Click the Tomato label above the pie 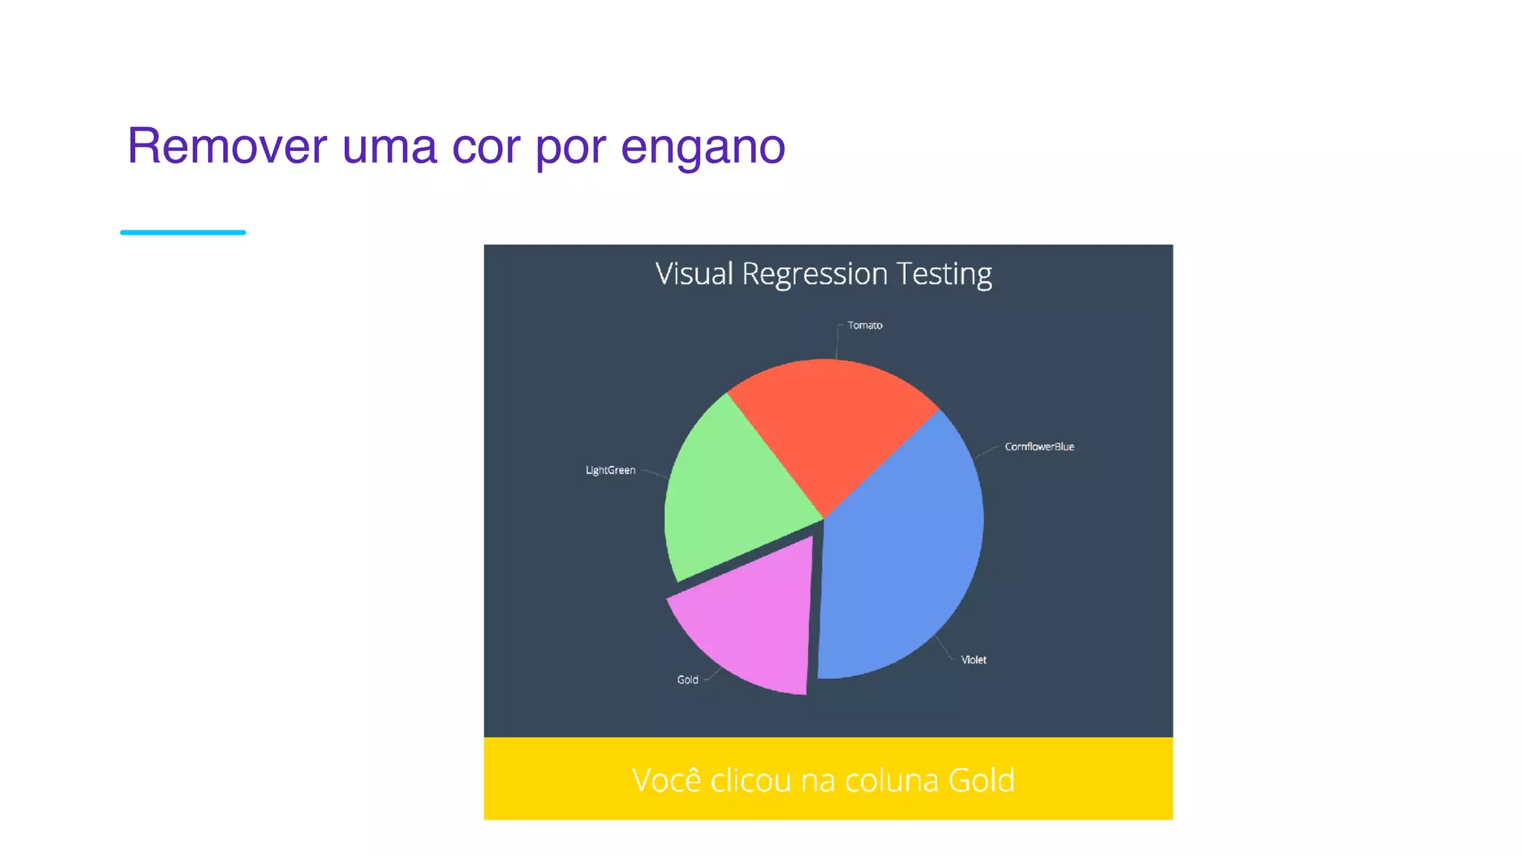coord(865,325)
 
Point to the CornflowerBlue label coord(1039,447)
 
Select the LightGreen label coord(610,470)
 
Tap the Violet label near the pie coord(974,660)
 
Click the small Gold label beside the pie coord(687,680)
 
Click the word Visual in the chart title coord(694,274)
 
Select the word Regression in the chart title coord(815,274)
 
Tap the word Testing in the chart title coord(944,274)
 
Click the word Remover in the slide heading coord(227,146)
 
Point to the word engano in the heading coord(702,147)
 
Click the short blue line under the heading coord(183,233)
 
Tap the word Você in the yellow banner coord(666,780)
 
